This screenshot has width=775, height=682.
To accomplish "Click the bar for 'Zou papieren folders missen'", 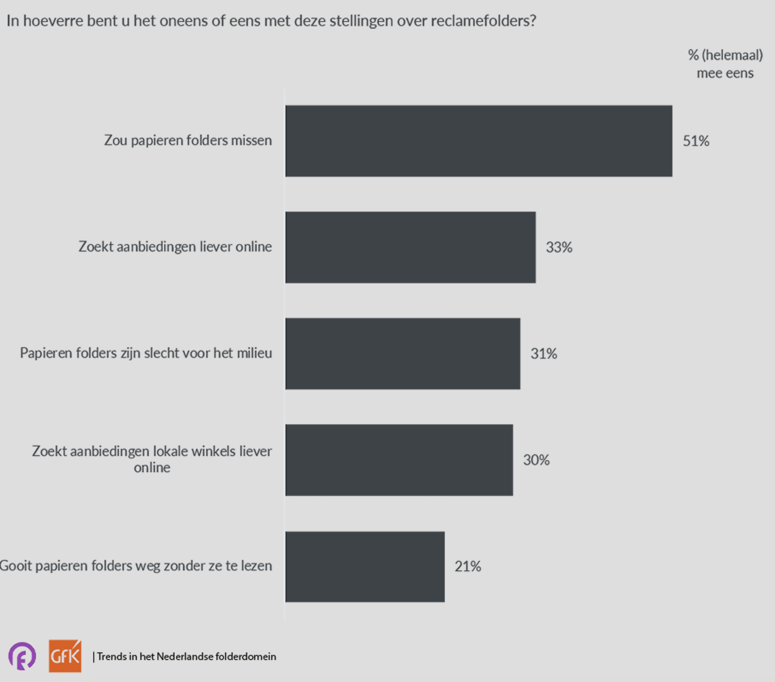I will pyautogui.click(x=479, y=141).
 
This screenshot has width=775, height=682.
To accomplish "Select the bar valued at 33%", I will pyautogui.click(x=410, y=247).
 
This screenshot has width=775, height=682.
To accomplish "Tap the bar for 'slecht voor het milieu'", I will pyautogui.click(x=403, y=353).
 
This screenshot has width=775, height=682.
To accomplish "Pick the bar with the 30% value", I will pyautogui.click(x=399, y=460).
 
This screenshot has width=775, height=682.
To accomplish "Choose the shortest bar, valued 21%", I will pyautogui.click(x=365, y=566).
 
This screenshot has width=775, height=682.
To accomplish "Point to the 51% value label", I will pyautogui.click(x=696, y=141).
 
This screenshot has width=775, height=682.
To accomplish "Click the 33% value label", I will pyautogui.click(x=559, y=247).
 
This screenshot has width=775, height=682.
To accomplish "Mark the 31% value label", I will pyautogui.click(x=544, y=353).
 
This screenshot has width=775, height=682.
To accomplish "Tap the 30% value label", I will pyautogui.click(x=536, y=460).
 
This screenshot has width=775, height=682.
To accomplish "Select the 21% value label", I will pyautogui.click(x=468, y=566).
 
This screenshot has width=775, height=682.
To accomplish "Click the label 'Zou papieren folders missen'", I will pyautogui.click(x=188, y=140).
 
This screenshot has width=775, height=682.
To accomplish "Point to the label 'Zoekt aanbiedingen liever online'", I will pyautogui.click(x=175, y=247).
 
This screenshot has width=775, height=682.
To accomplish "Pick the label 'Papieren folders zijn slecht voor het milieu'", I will pyautogui.click(x=146, y=353).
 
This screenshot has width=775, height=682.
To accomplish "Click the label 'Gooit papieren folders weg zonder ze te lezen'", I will pyautogui.click(x=136, y=566).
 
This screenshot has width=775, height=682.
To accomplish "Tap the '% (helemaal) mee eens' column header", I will pyautogui.click(x=725, y=64).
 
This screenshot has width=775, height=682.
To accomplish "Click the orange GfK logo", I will pyautogui.click(x=65, y=656).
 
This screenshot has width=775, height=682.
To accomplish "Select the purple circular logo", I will pyautogui.click(x=22, y=656).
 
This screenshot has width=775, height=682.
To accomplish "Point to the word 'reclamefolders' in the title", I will pyautogui.click(x=483, y=21).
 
